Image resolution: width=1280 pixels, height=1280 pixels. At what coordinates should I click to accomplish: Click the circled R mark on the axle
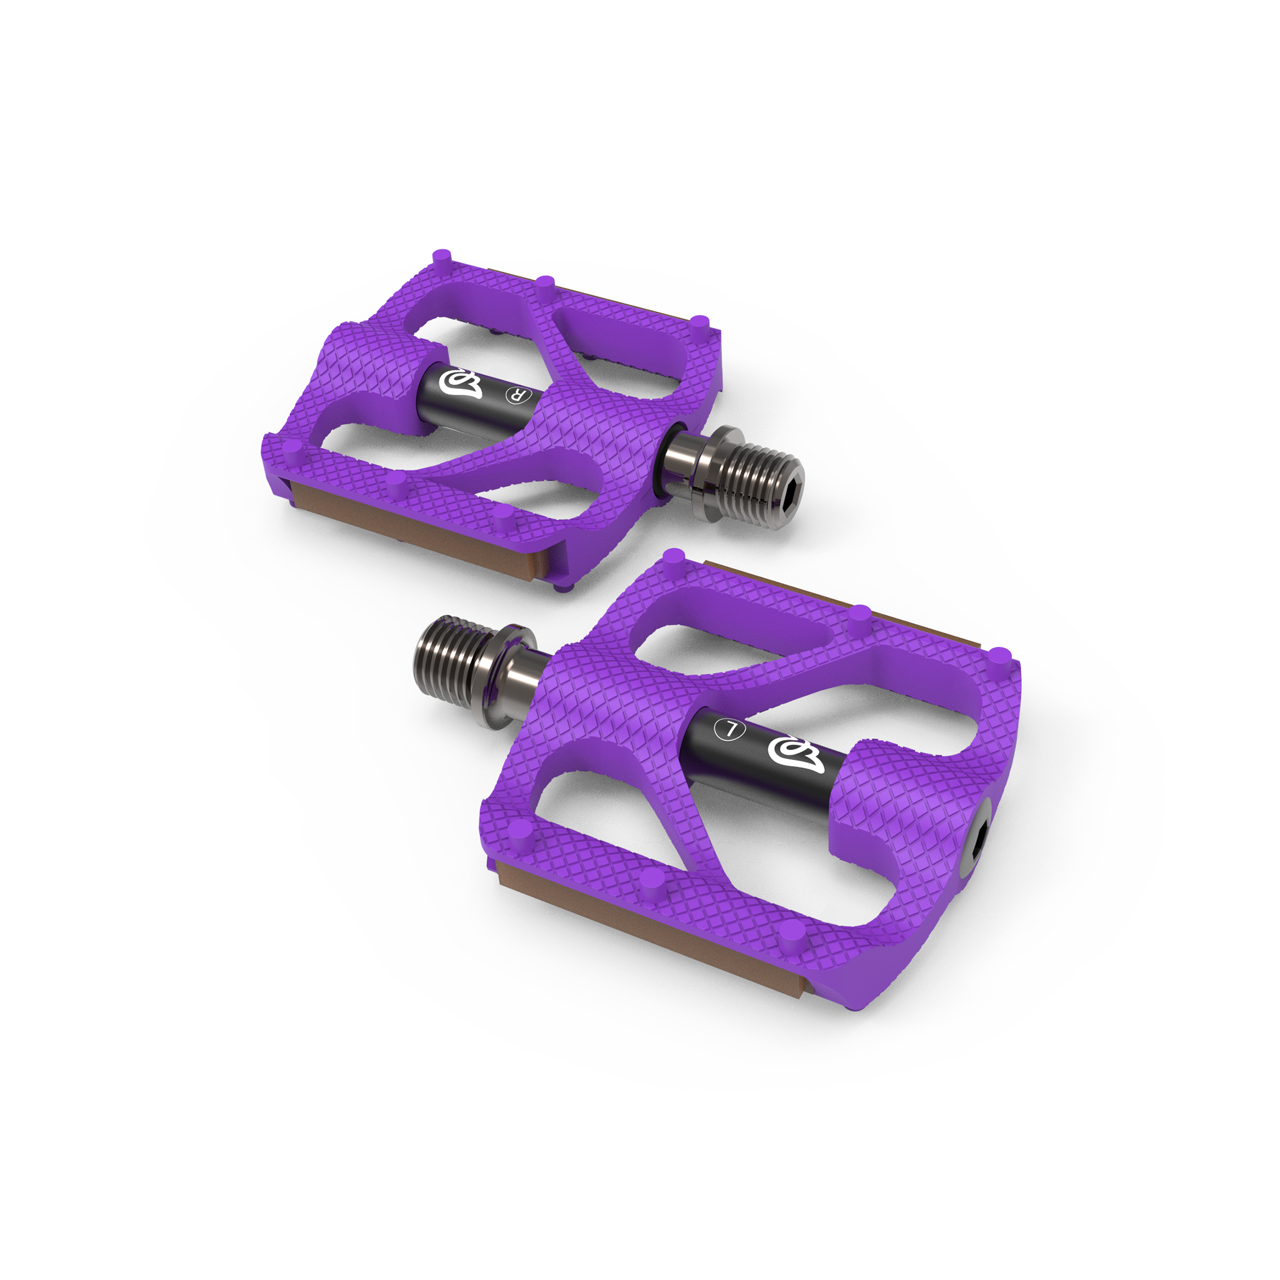(517, 396)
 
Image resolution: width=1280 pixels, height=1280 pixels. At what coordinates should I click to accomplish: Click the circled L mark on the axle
(731, 729)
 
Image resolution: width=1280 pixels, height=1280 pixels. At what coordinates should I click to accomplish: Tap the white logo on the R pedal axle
(462, 384)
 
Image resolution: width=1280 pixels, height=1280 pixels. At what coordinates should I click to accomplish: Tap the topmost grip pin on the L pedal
(673, 557)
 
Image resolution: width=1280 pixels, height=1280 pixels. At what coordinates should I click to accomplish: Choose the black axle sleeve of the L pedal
(762, 749)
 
